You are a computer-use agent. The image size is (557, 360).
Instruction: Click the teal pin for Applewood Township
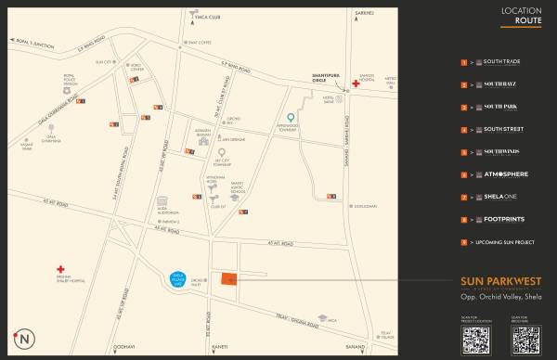(291, 118)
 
